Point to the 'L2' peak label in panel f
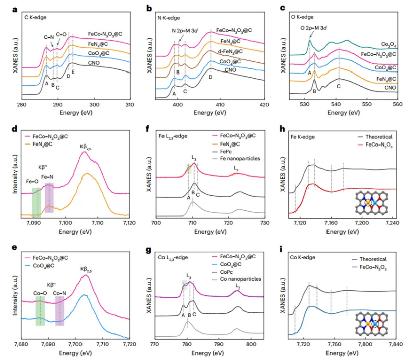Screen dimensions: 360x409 pos(236,168)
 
